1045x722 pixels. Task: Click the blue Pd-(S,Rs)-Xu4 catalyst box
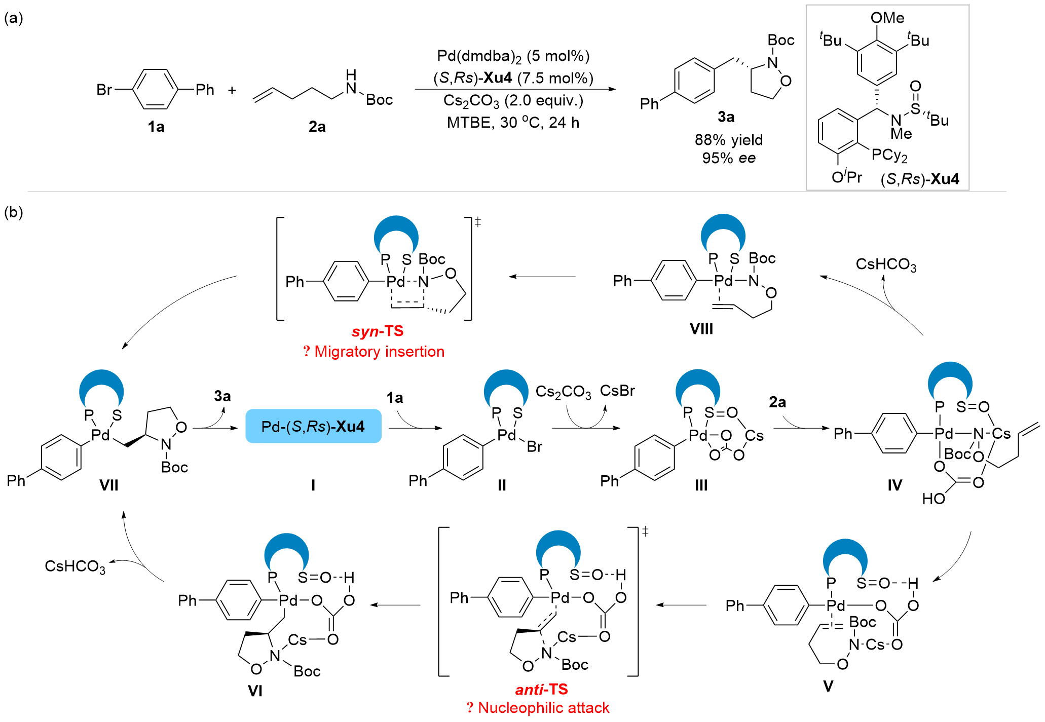click(313, 426)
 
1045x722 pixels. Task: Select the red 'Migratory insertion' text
click(379, 352)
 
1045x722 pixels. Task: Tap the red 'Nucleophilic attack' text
click(543, 708)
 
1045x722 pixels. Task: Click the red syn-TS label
click(378, 331)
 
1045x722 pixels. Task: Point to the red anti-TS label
click(541, 690)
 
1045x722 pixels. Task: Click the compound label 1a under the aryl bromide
click(156, 127)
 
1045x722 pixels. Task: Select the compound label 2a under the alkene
click(317, 127)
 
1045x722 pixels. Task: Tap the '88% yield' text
click(728, 140)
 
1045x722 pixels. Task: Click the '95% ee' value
click(728, 158)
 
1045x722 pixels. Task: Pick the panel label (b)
click(14, 212)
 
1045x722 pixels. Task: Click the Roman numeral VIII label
click(701, 329)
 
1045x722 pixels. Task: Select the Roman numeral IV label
click(894, 485)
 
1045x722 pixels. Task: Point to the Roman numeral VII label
click(108, 485)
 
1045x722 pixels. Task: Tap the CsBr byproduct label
click(617, 391)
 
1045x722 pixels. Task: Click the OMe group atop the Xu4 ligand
click(887, 18)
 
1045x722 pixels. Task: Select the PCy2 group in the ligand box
click(889, 155)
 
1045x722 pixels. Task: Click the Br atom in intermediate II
click(535, 446)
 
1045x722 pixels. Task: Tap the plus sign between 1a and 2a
click(232, 91)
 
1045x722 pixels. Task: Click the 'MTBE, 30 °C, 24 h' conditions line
click(513, 123)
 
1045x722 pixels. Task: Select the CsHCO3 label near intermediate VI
click(75, 566)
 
